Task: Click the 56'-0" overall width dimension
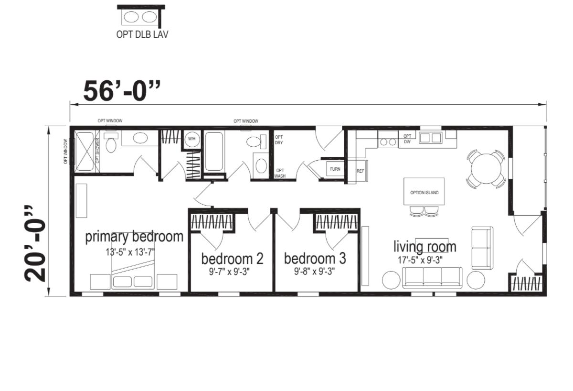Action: (122, 91)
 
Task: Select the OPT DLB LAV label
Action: (142, 34)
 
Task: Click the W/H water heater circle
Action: (192, 139)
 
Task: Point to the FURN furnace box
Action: (335, 169)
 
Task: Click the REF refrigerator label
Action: (360, 171)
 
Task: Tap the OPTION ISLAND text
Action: (424, 193)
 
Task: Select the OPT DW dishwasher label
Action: (407, 139)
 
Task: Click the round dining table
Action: (486, 168)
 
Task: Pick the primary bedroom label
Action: (134, 237)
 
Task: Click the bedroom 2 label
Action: (232, 259)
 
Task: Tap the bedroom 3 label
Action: (315, 259)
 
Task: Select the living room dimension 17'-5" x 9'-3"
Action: (420, 260)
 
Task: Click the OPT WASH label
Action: (280, 174)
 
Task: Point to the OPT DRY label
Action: (279, 140)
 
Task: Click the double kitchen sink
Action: (431, 138)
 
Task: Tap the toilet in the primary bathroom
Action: (111, 143)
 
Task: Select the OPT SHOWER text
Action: (97, 151)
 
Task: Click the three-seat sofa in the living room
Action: (432, 278)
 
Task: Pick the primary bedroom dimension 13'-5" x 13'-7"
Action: (130, 252)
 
